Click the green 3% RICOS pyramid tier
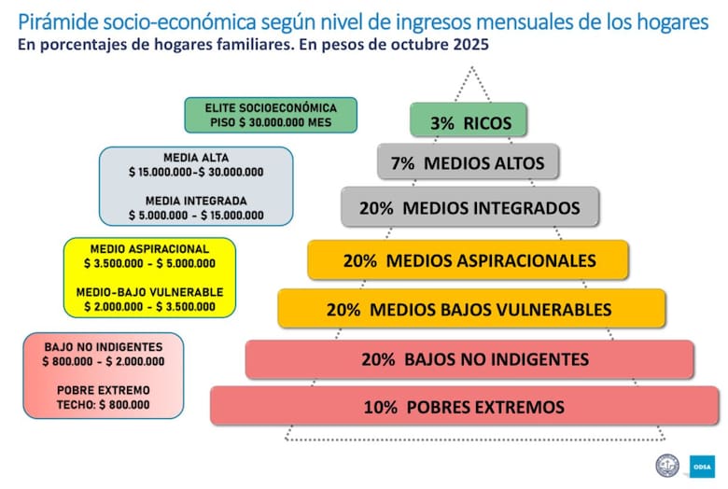[467, 121]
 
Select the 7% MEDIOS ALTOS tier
[468, 162]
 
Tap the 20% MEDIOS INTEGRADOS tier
[469, 207]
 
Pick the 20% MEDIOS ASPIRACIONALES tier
[469, 260]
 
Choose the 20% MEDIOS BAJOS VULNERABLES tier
[471, 309]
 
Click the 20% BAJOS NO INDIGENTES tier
[469, 358]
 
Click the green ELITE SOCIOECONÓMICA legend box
[271, 115]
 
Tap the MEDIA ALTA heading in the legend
[196, 158]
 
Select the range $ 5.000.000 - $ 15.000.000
[196, 216]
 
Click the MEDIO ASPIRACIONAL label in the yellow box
[149, 249]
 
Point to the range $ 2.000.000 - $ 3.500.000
[149, 306]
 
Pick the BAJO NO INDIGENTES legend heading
[103, 347]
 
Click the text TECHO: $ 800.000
[103, 404]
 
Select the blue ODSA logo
[702, 465]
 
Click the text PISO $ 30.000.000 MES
[271, 122]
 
